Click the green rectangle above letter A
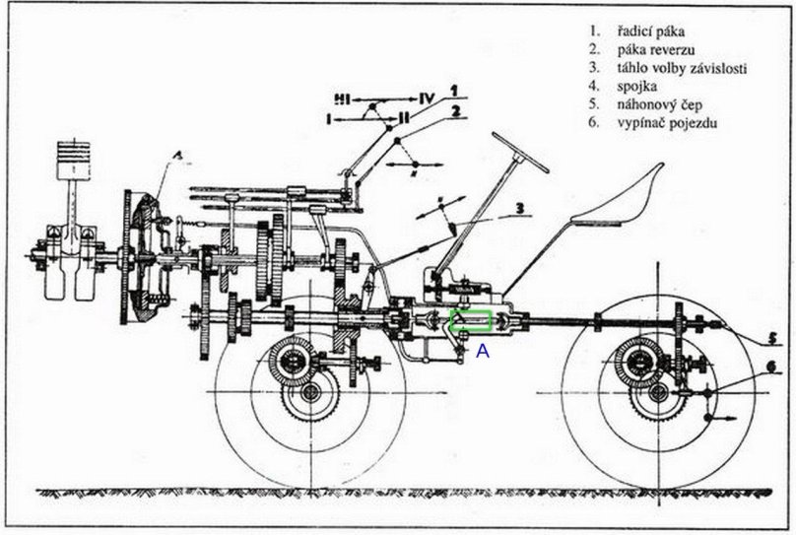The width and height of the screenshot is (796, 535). [471, 321]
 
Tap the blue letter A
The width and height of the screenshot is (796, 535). [483, 349]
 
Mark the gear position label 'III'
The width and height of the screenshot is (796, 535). [342, 100]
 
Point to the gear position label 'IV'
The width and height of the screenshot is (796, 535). [425, 99]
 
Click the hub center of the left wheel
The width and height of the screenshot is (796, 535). [310, 392]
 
